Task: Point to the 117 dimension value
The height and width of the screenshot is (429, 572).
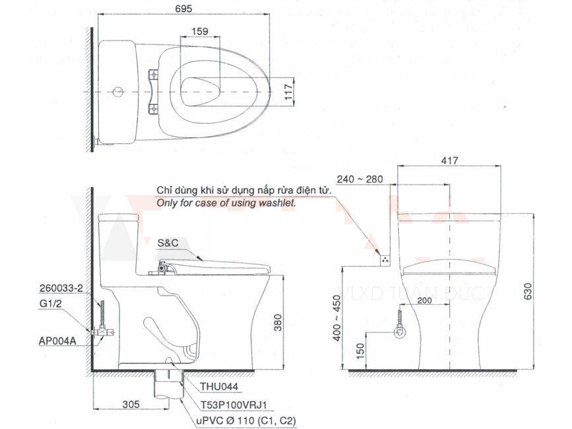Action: tap(288, 92)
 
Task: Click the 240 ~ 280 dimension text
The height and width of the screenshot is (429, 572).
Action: tap(360, 179)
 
